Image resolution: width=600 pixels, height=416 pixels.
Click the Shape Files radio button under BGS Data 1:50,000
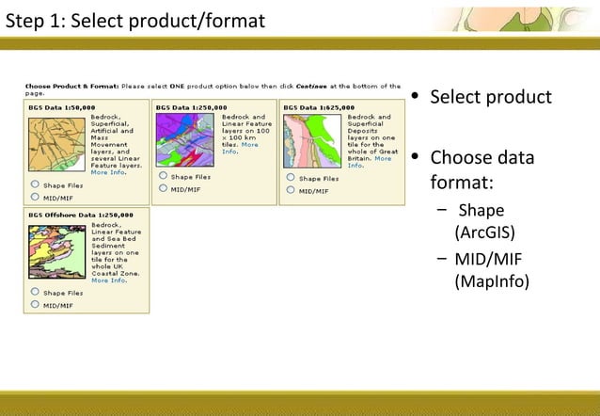tap(35, 185)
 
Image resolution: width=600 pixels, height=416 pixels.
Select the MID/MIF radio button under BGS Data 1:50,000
tap(35, 198)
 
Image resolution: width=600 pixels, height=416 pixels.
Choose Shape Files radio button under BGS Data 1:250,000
tap(163, 176)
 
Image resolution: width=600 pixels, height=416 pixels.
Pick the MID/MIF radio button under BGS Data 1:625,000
tap(291, 190)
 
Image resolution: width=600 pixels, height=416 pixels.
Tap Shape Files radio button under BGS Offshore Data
tap(35, 292)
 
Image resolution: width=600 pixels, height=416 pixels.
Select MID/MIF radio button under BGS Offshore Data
tap(35, 305)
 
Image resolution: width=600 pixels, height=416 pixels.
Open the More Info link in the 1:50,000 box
tap(106, 172)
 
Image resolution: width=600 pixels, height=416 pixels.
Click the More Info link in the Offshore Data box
tap(108, 280)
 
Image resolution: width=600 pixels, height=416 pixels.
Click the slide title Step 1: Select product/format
tap(135, 20)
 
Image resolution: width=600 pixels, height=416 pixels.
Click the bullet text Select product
tap(490, 98)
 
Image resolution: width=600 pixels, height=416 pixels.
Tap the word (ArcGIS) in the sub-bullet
tap(483, 232)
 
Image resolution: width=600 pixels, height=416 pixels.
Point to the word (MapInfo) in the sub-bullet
tap(491, 280)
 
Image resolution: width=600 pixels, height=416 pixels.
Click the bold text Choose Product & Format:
tap(70, 85)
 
